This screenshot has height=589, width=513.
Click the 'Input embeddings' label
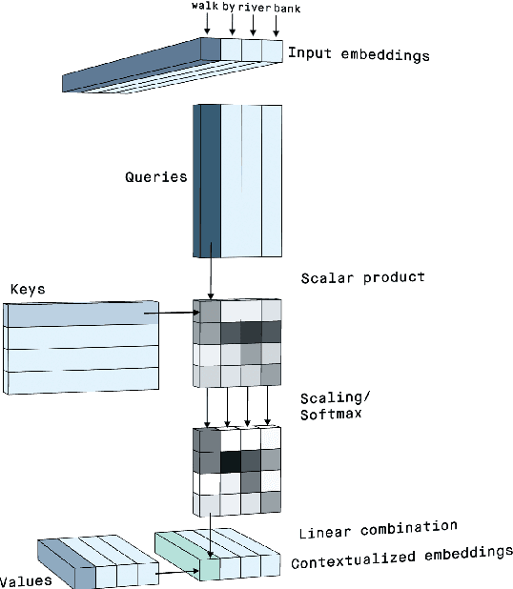358,54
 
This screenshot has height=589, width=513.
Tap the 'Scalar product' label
362,277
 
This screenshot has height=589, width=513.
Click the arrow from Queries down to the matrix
210,277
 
